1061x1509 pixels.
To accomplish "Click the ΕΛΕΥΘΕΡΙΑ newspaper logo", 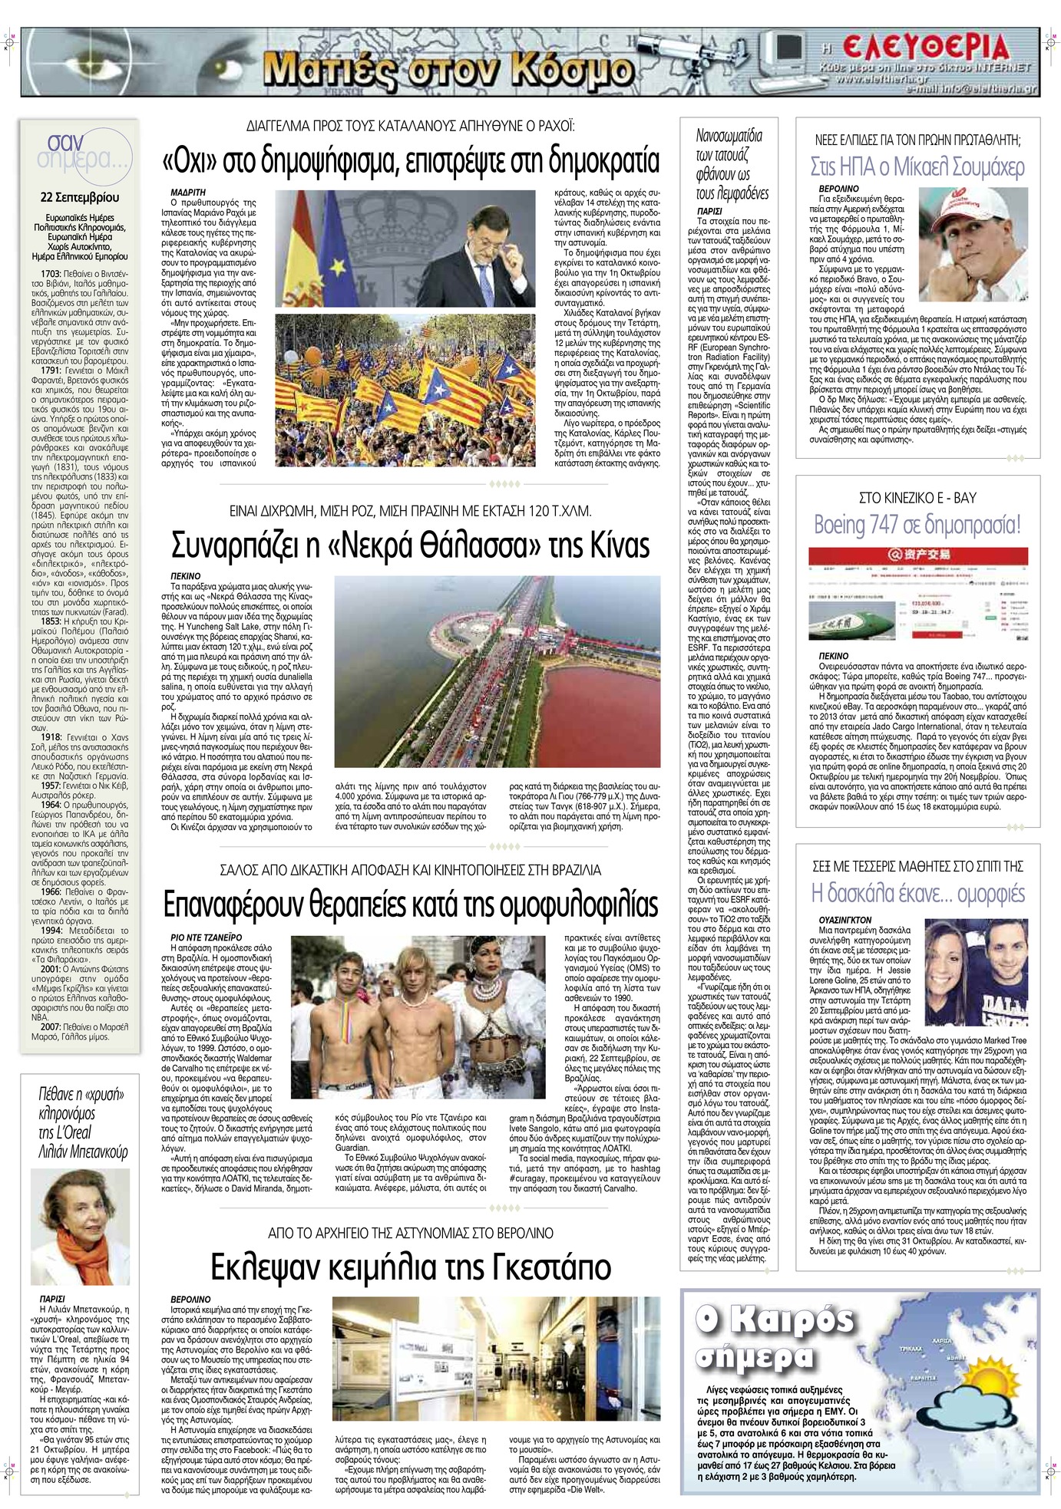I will point(924,49).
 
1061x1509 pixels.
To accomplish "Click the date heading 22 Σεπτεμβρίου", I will point(80,197).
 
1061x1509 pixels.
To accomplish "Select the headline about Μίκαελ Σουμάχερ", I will point(917,166).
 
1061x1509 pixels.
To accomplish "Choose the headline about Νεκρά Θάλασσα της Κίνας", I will point(411,545).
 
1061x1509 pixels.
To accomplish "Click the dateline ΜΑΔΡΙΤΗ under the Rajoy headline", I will point(187,192).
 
